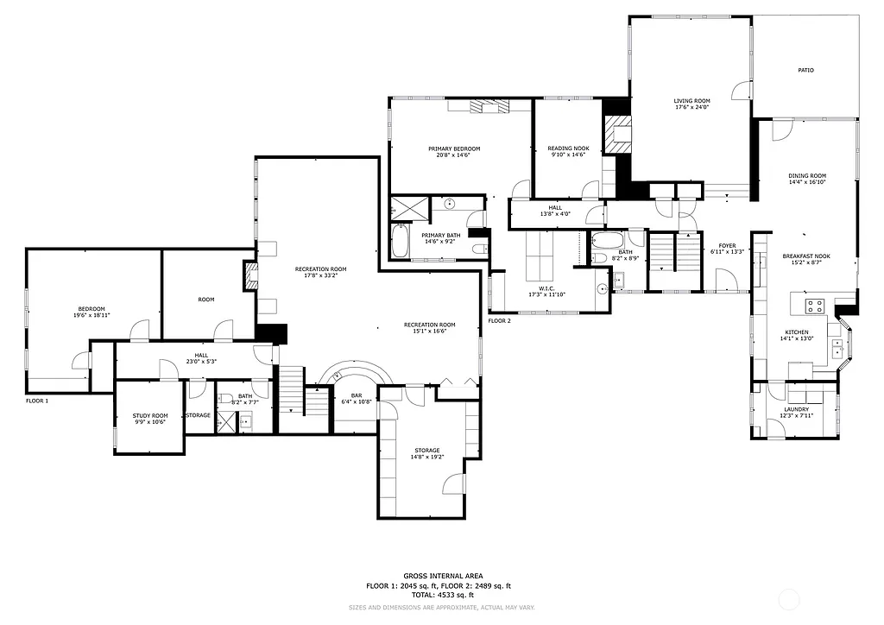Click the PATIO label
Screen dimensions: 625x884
(x=805, y=70)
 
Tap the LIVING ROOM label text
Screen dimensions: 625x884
(x=691, y=101)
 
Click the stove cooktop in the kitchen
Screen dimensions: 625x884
(x=816, y=306)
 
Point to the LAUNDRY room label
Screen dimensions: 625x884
(x=796, y=409)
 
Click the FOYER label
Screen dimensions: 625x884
(x=727, y=246)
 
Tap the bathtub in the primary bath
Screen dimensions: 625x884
(x=401, y=243)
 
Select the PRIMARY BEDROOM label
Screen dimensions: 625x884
(x=454, y=148)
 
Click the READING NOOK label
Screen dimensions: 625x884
(x=567, y=148)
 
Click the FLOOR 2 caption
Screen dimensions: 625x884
(x=499, y=321)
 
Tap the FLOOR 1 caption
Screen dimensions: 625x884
(x=37, y=401)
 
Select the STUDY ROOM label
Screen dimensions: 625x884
(x=150, y=415)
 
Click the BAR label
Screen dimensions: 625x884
(x=356, y=395)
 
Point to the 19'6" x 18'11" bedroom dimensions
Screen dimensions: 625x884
(x=92, y=316)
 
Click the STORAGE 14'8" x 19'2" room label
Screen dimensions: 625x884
(x=426, y=450)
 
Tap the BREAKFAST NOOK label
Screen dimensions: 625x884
(x=806, y=256)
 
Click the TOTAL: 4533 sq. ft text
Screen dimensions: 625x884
(x=443, y=596)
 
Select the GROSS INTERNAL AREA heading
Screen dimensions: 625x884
(x=443, y=576)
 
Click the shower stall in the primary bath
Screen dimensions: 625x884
(x=408, y=207)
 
